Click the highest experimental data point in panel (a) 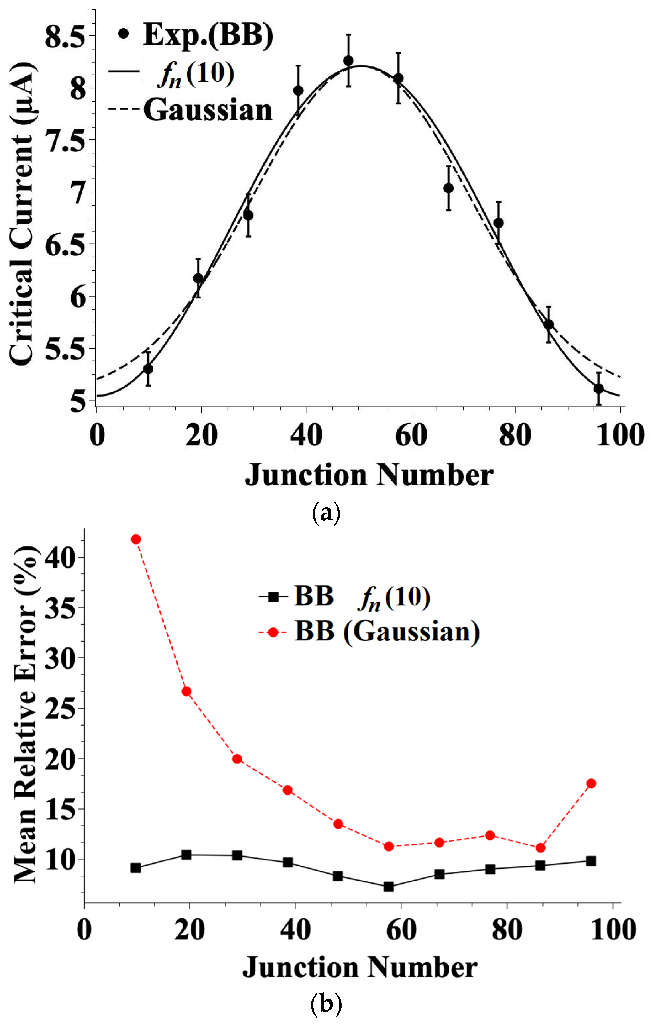[x=348, y=61]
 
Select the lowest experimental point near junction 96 [x=598, y=389]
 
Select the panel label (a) [x=326, y=513]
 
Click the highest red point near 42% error [x=136, y=539]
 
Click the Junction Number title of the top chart [x=369, y=475]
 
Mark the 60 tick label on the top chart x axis [x=411, y=435]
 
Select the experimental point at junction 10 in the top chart [x=148, y=369]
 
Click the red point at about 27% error [x=186, y=691]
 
